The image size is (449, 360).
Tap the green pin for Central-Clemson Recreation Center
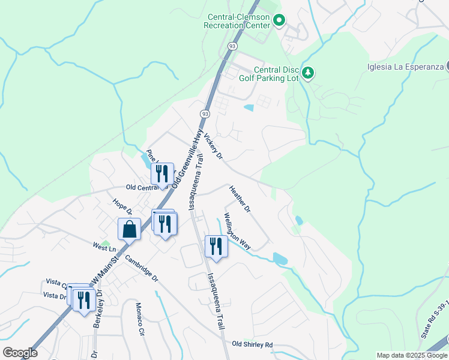279,21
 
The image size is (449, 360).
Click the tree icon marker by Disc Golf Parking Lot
308,73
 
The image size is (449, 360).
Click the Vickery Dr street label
213,146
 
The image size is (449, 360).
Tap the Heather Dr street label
240,199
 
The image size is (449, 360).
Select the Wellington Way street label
237,231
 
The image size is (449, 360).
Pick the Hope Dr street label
122,206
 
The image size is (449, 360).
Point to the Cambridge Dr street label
141,269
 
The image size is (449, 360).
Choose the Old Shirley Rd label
252,344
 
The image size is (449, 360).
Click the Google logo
20,353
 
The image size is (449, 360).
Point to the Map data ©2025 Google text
411,355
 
